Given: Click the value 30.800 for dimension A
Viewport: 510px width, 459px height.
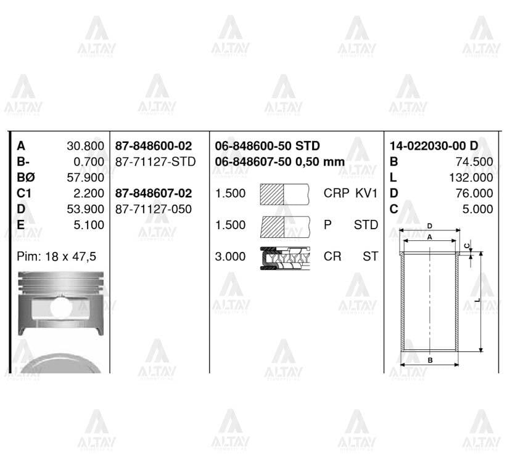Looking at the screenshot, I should (85, 146).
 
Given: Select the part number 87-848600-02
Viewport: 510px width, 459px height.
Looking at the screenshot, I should (154, 146).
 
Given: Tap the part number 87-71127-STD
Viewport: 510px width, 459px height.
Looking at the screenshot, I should (155, 161).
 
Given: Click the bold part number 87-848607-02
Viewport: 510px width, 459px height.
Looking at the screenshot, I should (154, 193).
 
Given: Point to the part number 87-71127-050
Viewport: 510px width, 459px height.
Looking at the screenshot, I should (154, 209).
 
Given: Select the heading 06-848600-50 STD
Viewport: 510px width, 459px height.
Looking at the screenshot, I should (267, 146).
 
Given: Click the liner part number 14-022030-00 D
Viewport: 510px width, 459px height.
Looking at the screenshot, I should (434, 146).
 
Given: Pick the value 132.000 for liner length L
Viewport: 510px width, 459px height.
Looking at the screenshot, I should (472, 178).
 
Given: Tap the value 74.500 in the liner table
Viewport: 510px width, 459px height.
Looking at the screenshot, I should (475, 162).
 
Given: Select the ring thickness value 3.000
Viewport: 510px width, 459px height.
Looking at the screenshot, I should (230, 256).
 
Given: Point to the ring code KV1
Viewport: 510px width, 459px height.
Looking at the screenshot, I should (366, 193).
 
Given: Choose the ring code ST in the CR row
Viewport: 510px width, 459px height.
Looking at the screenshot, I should (370, 256).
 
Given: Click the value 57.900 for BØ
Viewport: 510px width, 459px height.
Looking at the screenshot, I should (85, 178).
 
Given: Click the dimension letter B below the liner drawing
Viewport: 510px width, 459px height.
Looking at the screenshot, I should (430, 359).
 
